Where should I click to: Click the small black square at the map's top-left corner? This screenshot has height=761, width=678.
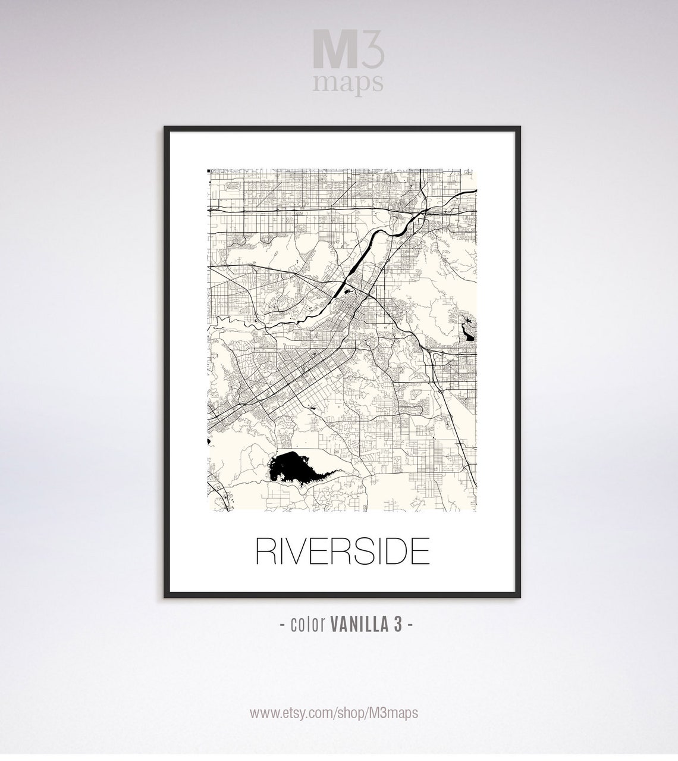pos(209,171)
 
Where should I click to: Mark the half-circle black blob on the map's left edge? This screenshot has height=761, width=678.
pos(209,441)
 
